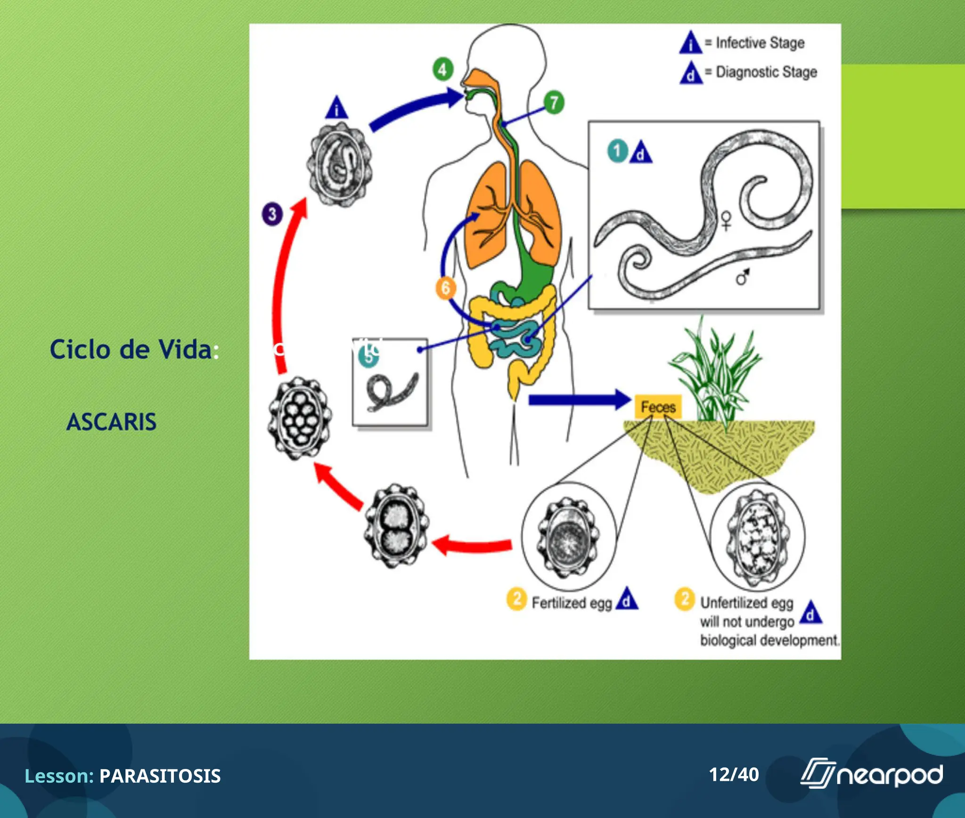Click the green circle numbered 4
click(442, 70)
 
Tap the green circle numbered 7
click(554, 102)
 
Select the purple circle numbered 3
click(272, 214)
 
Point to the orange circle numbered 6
click(445, 287)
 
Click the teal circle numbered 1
click(617, 151)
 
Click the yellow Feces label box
click(658, 407)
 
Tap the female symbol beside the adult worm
click(726, 221)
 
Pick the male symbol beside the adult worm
click(743, 278)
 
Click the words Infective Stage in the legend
click(760, 43)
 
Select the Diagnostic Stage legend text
click(766, 72)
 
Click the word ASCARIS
click(111, 422)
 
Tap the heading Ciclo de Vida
click(131, 350)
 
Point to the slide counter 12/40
click(734, 775)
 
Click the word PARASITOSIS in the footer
click(160, 776)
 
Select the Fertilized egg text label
click(572, 603)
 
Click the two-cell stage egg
click(396, 526)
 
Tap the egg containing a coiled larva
click(339, 164)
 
